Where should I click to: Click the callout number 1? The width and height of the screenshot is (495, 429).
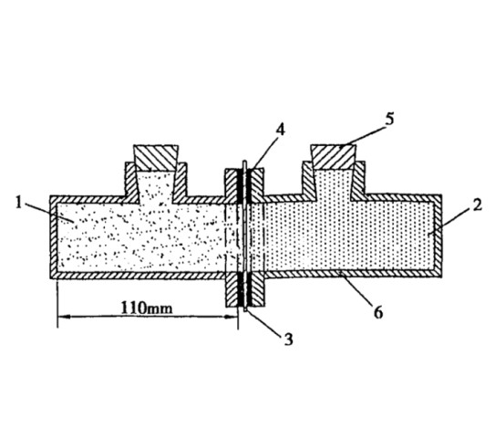[18, 203]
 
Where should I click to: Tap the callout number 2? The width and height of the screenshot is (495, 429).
[478, 204]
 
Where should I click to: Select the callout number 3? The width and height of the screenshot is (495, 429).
[288, 340]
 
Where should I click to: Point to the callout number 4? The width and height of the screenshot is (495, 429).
[280, 130]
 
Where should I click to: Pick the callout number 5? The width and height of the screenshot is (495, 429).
[390, 119]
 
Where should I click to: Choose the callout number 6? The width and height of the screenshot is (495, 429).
[378, 312]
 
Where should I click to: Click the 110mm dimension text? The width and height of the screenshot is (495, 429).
[147, 308]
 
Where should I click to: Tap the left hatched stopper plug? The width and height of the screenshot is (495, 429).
[156, 158]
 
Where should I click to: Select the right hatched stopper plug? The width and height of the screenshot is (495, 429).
[334, 157]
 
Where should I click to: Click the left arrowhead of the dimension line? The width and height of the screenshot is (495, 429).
[64, 316]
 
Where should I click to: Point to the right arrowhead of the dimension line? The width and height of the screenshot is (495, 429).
[231, 317]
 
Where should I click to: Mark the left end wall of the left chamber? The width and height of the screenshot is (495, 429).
[54, 237]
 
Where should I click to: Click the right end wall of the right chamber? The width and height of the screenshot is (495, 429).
[438, 236]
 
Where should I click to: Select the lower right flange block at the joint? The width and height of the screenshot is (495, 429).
[257, 289]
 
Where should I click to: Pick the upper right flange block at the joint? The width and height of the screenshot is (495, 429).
[257, 186]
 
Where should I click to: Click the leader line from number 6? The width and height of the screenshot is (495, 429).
[357, 288]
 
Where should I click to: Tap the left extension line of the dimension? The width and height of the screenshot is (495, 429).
[57, 303]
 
